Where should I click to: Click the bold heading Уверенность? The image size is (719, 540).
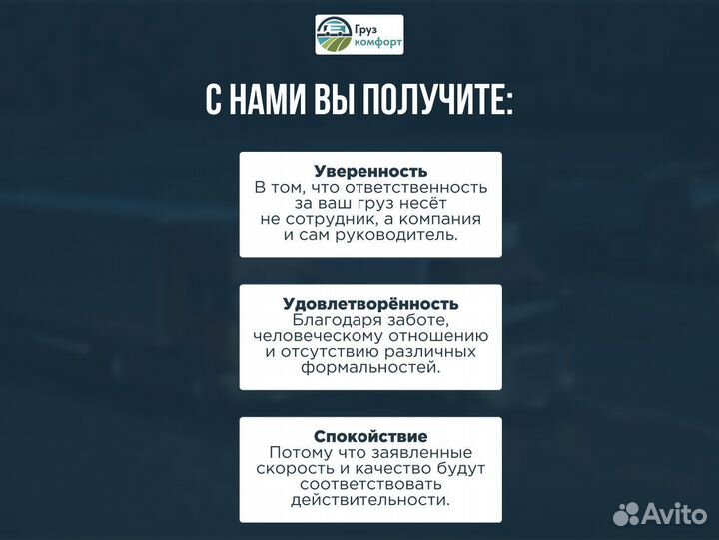[x=370, y=171]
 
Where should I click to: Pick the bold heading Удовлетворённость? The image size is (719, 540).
[x=370, y=303]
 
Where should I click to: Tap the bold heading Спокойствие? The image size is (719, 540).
[x=370, y=436]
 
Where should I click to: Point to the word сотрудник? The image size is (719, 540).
[x=343, y=219]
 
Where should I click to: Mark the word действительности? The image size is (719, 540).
[x=370, y=500]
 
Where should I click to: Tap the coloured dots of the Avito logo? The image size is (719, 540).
[x=627, y=513]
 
